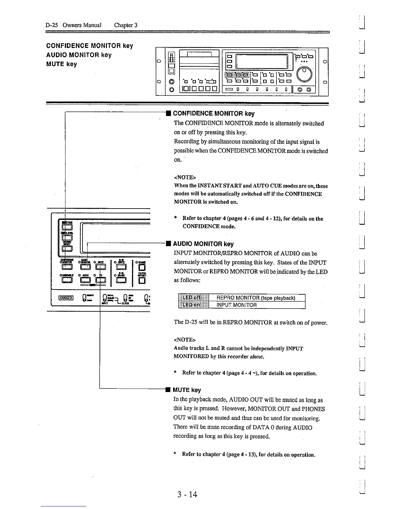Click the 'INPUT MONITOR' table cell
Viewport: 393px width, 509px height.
237,305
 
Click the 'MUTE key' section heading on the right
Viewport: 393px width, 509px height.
187,390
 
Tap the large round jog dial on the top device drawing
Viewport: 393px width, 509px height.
305,74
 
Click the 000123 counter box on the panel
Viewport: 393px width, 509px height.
66,297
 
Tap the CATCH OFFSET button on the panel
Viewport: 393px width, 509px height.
142,281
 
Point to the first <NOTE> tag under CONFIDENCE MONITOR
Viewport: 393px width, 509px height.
185,177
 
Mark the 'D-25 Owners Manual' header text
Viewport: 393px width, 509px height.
73,25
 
